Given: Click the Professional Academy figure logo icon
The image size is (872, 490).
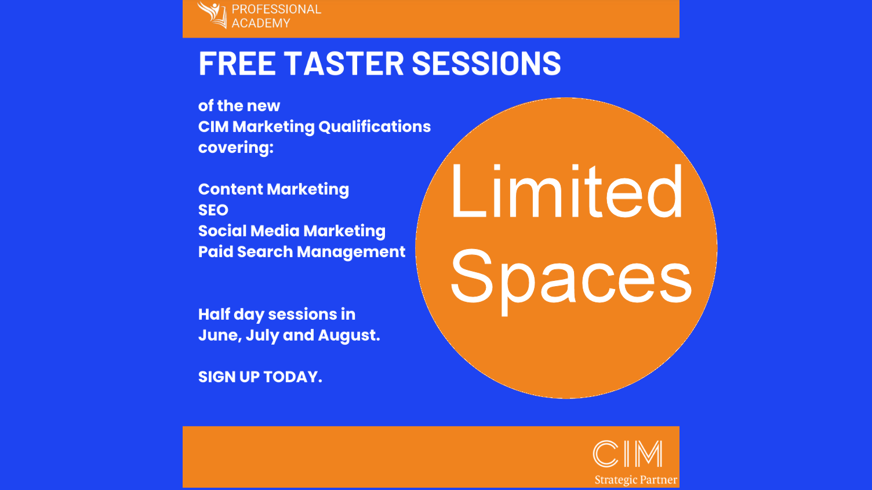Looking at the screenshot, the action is (212, 14).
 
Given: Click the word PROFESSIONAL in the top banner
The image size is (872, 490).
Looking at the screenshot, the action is (277, 9).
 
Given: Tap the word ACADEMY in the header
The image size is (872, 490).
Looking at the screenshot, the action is (261, 23).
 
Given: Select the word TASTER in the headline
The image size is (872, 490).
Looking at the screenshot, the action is (344, 63).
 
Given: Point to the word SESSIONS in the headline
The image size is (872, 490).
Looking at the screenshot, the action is (486, 63).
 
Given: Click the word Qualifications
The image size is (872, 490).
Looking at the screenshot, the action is (375, 127).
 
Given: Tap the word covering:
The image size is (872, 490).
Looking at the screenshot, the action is (236, 148).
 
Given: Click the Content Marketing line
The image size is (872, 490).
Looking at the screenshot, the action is (274, 190).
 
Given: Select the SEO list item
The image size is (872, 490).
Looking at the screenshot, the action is (213, 210).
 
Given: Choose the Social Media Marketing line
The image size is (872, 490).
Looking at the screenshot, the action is (292, 231).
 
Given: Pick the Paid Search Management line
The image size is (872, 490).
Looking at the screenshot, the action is (301, 253).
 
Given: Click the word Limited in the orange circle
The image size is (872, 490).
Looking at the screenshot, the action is (566, 191).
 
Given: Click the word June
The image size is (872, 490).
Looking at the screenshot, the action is (220, 335).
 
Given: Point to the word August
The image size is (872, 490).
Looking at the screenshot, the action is (349, 336).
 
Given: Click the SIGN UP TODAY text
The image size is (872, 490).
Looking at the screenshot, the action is (260, 377).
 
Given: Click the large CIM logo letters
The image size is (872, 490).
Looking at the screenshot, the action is (627, 454).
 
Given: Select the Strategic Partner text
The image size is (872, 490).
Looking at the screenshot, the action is (635, 480).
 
